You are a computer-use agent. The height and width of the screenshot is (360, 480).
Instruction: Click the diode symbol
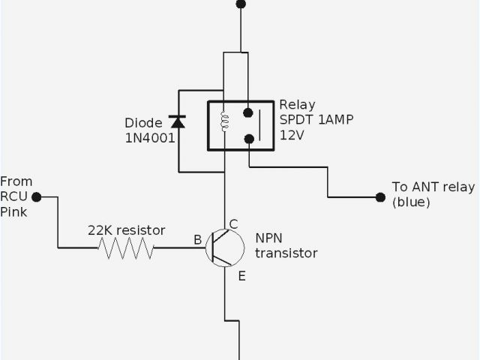(x=177, y=120)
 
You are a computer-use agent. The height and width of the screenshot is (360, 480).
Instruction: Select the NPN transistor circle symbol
(x=225, y=247)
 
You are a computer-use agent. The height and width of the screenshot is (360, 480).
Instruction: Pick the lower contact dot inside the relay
(x=248, y=139)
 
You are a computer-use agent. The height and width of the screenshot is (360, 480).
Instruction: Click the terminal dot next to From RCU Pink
(x=34, y=197)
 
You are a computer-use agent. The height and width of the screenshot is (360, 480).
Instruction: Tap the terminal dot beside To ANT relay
(x=379, y=197)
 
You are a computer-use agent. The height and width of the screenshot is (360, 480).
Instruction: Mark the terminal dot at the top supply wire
(x=241, y=4)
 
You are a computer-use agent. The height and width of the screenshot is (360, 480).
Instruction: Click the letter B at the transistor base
(x=197, y=240)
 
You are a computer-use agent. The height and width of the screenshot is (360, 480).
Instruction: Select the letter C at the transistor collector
(x=233, y=223)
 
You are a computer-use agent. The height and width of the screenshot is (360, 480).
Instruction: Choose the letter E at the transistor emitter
(x=241, y=276)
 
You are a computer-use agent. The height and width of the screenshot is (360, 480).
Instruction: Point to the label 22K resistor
(x=127, y=229)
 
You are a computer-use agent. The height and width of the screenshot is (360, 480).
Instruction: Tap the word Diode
(x=142, y=122)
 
